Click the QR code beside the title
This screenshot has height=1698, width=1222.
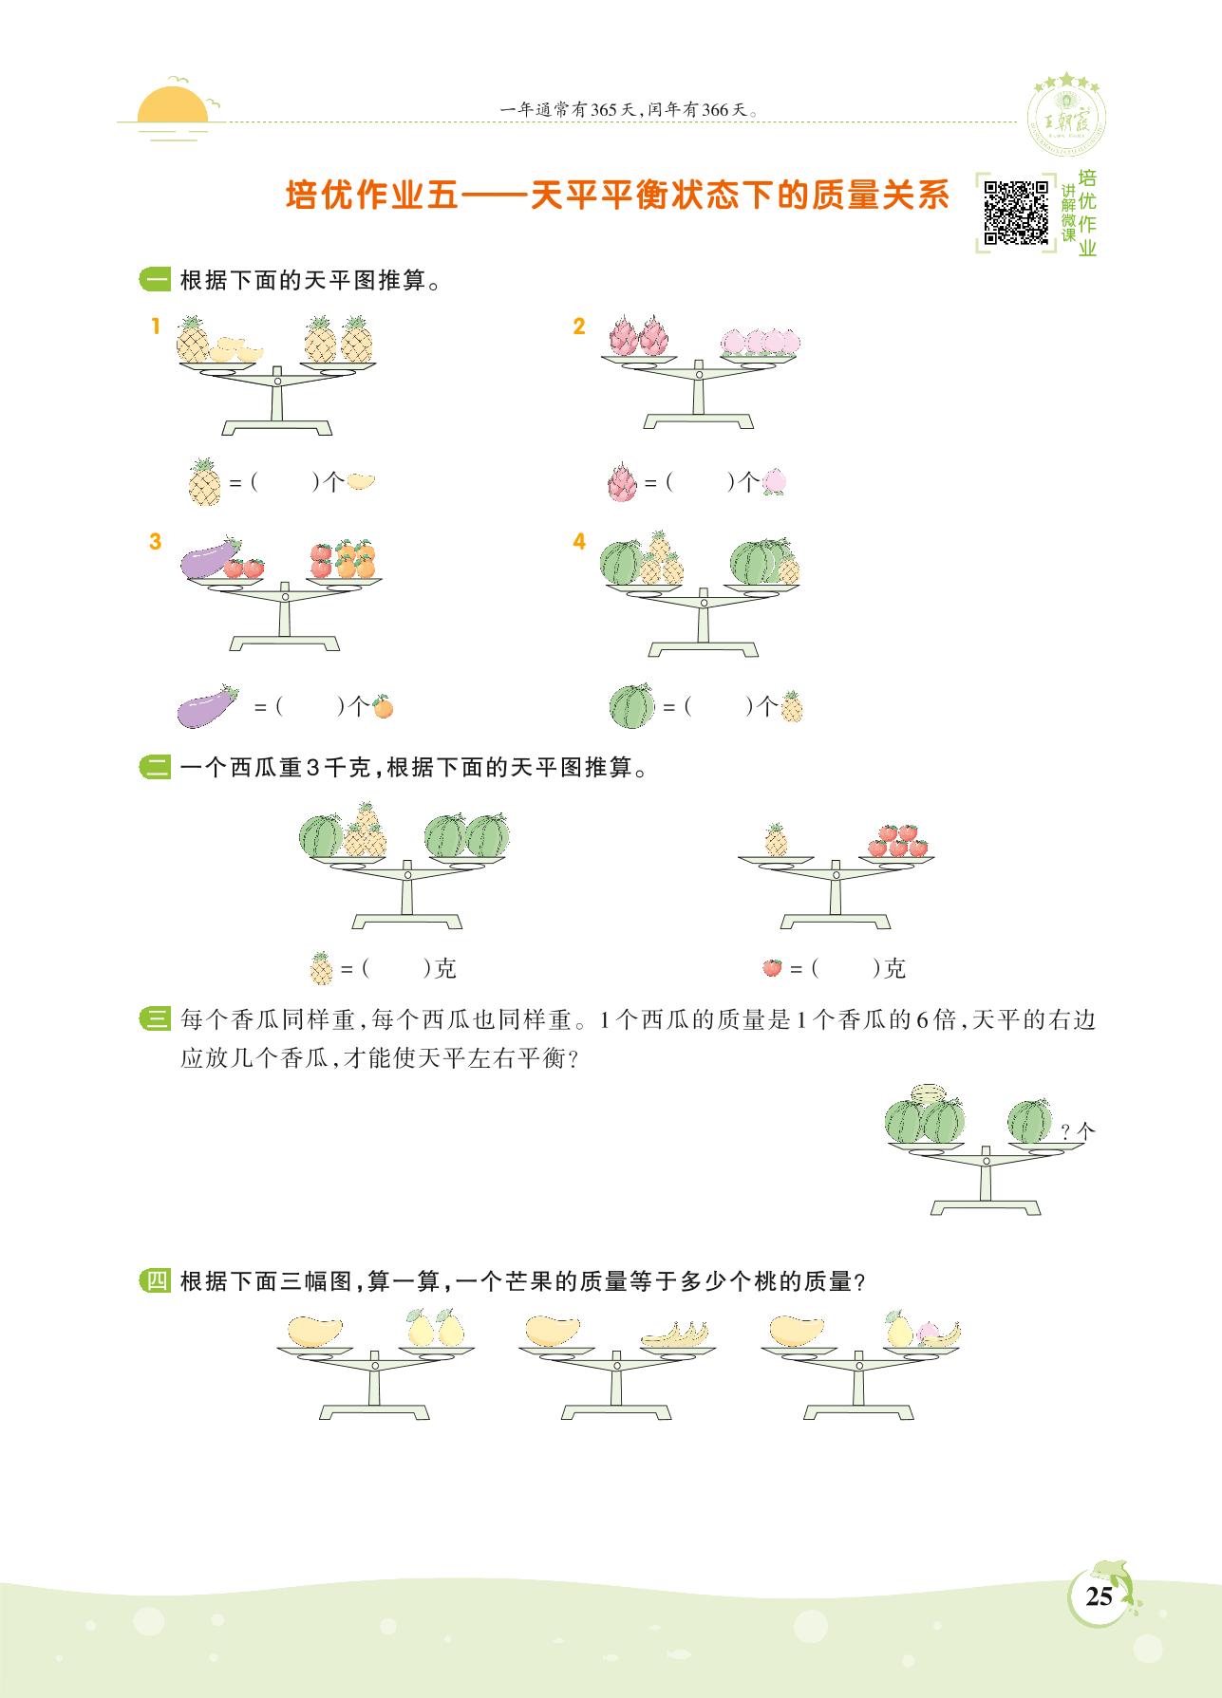[1015, 213]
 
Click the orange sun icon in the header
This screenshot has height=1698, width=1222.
[172, 106]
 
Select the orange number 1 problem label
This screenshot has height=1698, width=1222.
[155, 327]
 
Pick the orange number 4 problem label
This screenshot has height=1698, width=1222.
[579, 542]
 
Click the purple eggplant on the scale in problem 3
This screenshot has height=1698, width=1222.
[207, 562]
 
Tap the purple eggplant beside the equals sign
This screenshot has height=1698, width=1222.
[207, 706]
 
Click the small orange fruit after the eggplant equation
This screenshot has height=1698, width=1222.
[382, 706]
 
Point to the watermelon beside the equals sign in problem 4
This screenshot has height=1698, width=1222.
[631, 705]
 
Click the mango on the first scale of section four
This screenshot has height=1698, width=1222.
[313, 1330]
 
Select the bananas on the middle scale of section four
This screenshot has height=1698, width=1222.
[676, 1335]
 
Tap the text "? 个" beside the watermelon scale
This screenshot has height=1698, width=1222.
[1078, 1130]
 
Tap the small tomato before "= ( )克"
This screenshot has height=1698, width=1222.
[772, 968]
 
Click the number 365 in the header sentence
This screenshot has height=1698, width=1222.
[603, 110]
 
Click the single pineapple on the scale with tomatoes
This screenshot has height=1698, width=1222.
[777, 839]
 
